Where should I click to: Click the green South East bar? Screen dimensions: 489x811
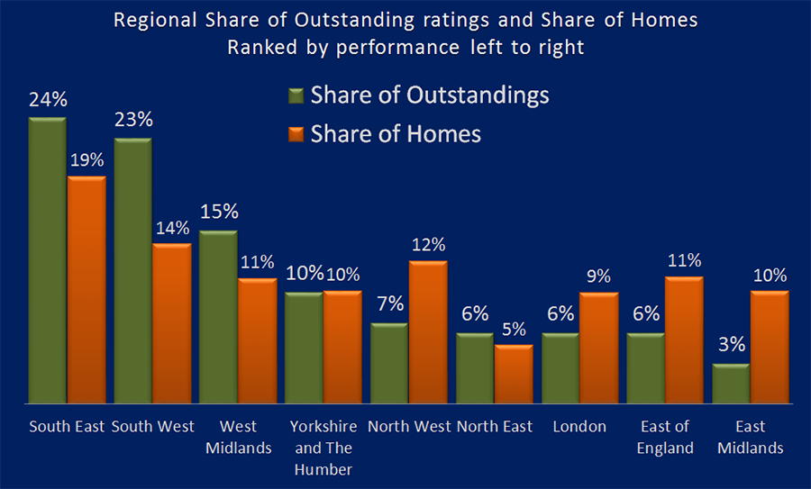47,261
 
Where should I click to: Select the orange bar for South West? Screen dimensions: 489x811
171,324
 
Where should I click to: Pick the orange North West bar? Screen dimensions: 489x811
428,333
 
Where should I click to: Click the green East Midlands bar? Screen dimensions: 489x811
730,385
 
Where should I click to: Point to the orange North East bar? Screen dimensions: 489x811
514,375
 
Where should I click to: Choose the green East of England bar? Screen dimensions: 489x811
645,369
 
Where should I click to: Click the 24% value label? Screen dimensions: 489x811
47,100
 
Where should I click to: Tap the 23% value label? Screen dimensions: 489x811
133,120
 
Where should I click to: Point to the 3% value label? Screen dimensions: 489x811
731,346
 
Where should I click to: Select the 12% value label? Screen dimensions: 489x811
429,244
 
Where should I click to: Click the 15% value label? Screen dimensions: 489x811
218,212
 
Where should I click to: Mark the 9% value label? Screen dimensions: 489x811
599,276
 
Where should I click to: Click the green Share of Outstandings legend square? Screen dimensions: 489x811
296,96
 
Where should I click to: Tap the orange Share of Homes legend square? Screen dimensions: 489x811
296,135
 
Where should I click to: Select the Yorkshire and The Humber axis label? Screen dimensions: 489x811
323,448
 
